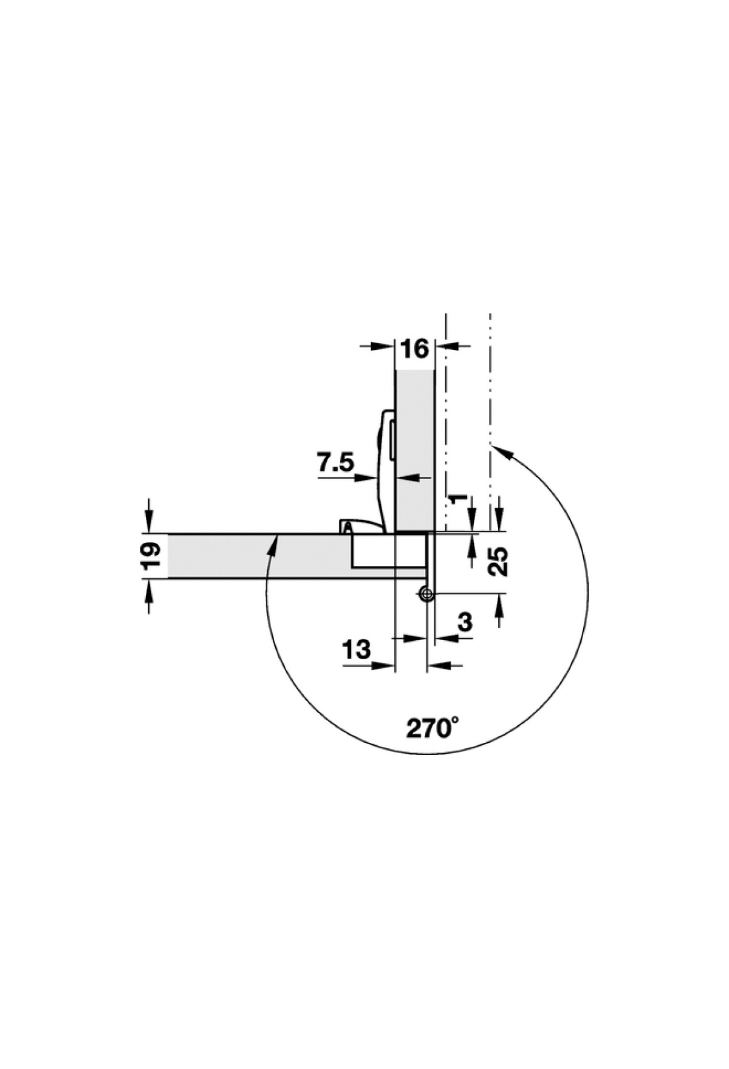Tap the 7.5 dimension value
point(335,463)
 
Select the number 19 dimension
point(153,556)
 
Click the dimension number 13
point(357,650)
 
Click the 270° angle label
point(433,728)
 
